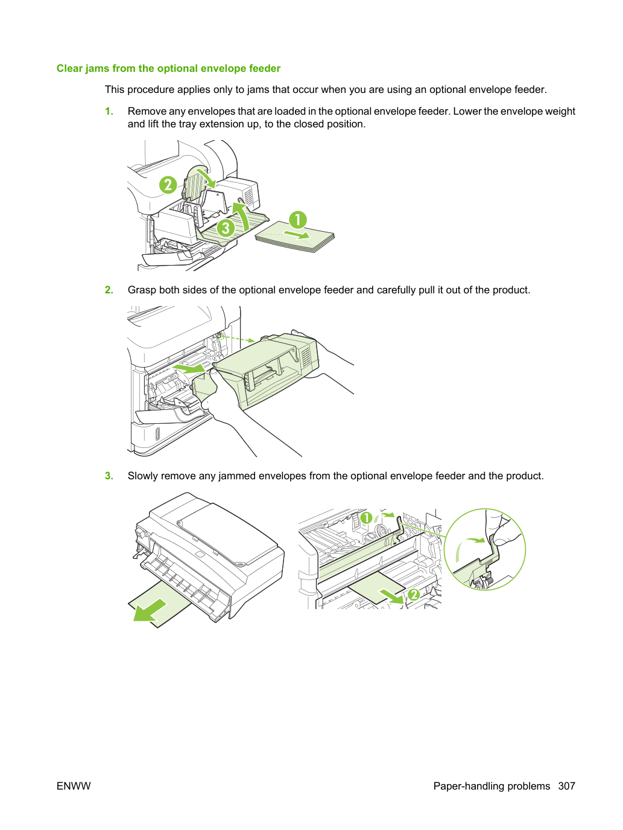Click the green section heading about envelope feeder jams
pos(168,68)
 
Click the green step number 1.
pos(109,112)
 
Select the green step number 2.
pos(109,290)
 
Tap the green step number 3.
pos(109,476)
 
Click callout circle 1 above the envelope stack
pos(298,220)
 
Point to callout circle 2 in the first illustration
pos(168,185)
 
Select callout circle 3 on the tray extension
pos(226,228)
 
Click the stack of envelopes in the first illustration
pos(295,237)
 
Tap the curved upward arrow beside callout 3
pos(243,215)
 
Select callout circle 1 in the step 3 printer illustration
pos(366,518)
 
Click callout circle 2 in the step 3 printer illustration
pos(414,595)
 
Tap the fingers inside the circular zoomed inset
pos(499,528)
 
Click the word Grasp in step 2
pos(142,290)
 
